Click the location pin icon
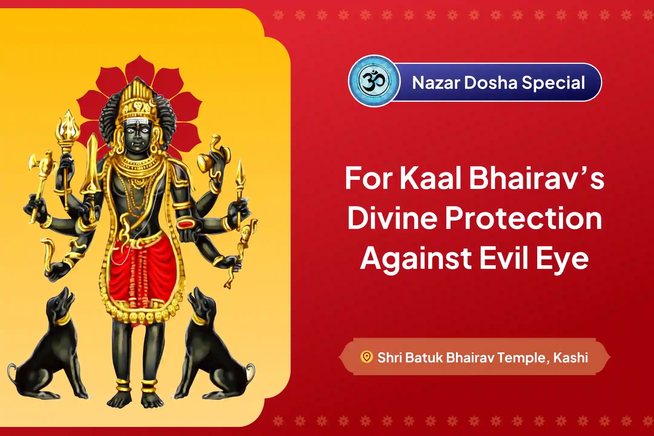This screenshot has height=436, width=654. (367, 357)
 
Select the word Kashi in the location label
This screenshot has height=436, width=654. (570, 358)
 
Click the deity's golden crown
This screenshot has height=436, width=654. (136, 100)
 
